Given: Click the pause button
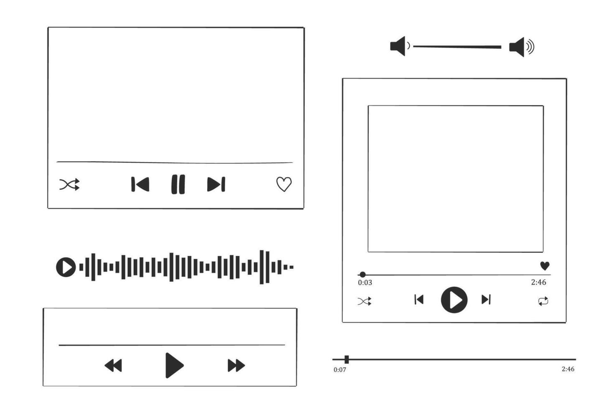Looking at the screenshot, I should (x=178, y=184).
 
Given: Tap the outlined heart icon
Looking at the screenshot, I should (x=284, y=184).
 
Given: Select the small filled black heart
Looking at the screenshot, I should (x=545, y=265).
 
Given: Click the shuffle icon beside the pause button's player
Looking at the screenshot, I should (x=69, y=184).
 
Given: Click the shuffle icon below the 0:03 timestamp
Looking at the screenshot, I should (x=364, y=301).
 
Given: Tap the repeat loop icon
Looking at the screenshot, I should (x=543, y=301).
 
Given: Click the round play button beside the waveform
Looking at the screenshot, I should (x=66, y=267).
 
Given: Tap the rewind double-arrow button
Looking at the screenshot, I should (x=113, y=366).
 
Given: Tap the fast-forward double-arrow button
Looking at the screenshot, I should (x=236, y=366).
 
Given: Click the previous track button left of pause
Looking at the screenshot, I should (x=140, y=184).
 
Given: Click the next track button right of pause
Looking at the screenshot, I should (x=216, y=184).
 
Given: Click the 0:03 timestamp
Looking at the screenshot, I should (x=365, y=283).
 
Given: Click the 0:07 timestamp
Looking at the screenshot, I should (x=340, y=370).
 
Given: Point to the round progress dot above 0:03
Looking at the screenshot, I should (x=363, y=274).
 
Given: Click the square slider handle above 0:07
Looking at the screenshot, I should (x=347, y=359).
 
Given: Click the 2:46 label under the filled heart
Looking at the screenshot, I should (x=538, y=282).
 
